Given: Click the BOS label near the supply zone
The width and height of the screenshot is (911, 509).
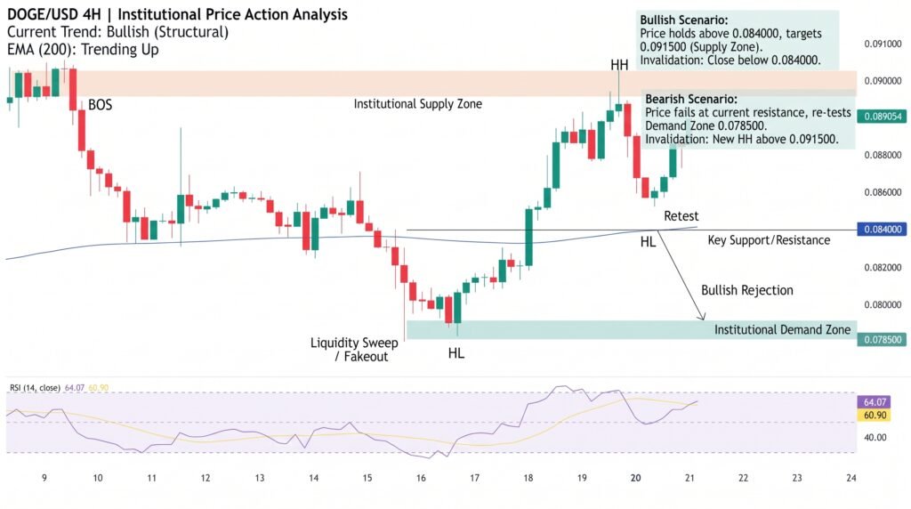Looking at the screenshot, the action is click(100, 105).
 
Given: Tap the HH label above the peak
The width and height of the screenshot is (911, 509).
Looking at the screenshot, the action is click(619, 65).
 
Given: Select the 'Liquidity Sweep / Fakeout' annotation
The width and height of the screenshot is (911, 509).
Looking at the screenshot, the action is click(354, 350).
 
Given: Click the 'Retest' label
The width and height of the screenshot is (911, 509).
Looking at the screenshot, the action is click(681, 216).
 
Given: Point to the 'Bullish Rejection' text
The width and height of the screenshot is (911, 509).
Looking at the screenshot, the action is click(747, 290).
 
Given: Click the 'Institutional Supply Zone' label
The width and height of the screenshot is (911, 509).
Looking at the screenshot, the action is click(418, 104).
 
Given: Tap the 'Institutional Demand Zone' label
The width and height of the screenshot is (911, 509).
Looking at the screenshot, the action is click(782, 330).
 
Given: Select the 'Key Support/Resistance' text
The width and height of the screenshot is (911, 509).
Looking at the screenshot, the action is click(769, 240).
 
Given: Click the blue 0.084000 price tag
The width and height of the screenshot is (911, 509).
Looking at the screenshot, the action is click(883, 230).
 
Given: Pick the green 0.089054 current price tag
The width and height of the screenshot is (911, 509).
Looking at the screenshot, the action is click(883, 117).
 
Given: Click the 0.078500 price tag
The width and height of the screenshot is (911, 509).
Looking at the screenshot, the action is click(883, 339).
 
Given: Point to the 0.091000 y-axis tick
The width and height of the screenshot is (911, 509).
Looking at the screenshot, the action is click(883, 44).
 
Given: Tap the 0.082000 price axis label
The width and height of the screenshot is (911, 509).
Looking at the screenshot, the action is click(883, 268).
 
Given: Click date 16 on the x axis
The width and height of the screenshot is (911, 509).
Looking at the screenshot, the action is click(421, 478).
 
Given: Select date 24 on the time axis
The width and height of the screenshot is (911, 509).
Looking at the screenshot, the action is click(851, 478).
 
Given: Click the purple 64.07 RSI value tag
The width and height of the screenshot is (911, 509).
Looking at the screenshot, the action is click(875, 402).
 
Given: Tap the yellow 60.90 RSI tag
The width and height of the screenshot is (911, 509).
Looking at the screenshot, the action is click(875, 415).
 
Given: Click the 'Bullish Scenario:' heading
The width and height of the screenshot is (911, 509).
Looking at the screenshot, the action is click(684, 20).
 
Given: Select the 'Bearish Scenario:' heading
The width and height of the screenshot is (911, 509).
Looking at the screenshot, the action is click(690, 100).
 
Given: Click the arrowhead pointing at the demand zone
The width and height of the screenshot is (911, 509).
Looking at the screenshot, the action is click(702, 317).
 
